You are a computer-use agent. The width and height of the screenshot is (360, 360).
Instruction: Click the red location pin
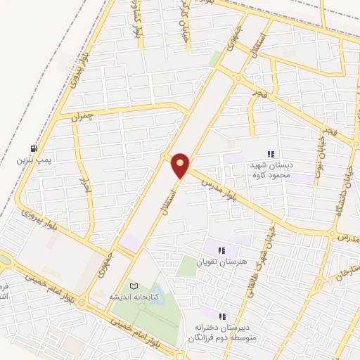[x=180, y=165]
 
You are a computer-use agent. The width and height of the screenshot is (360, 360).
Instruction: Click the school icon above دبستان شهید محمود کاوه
[x=271, y=155]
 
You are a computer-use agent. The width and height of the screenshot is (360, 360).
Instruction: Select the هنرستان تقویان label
[x=223, y=262]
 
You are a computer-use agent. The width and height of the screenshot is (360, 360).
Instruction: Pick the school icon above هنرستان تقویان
[x=222, y=250]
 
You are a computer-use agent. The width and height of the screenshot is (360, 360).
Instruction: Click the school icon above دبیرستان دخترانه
[x=223, y=317]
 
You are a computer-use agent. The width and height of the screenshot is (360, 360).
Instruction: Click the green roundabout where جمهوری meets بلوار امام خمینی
[x=83, y=304]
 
